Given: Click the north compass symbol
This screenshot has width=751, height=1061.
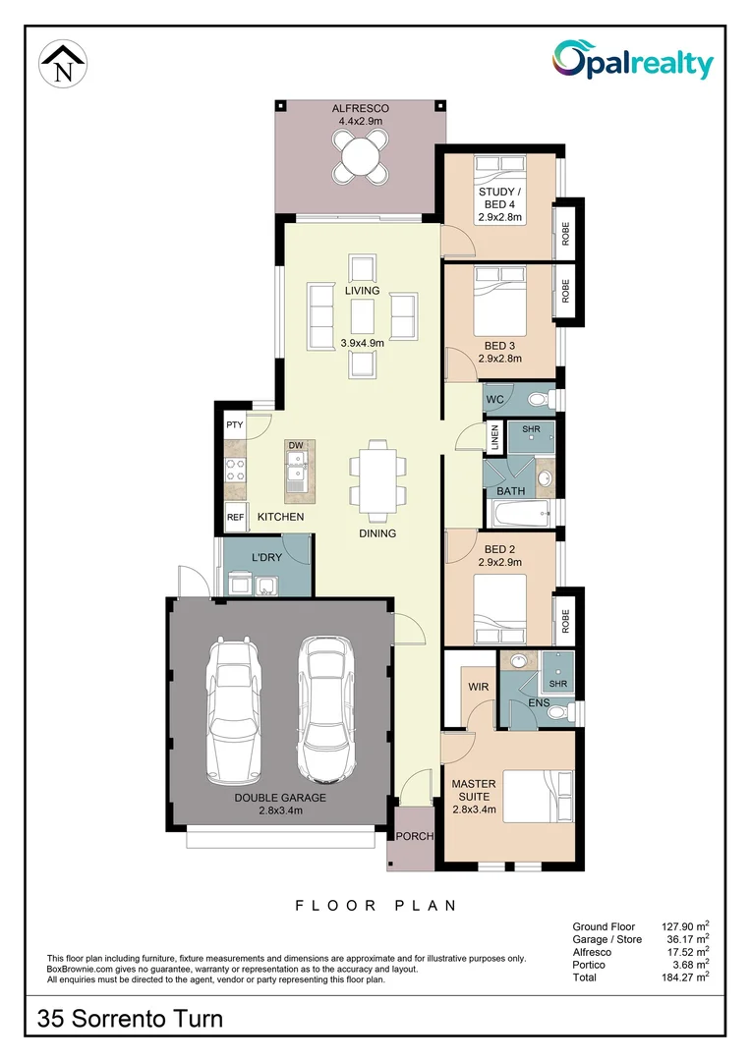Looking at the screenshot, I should (64, 65).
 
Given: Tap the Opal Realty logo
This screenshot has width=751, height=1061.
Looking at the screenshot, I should (632, 62).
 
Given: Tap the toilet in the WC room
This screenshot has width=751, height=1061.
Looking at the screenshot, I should (537, 399).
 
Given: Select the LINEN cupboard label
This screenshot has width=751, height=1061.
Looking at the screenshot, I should (495, 437).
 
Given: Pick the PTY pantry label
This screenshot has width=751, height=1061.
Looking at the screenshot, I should (234, 425).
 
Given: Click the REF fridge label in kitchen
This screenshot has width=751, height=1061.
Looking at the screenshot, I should (235, 517).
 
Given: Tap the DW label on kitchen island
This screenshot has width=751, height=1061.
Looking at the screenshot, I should (295, 446).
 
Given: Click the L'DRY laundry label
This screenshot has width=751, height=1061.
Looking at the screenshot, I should (267, 558).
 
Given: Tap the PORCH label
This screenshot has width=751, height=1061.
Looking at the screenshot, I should (414, 836).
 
